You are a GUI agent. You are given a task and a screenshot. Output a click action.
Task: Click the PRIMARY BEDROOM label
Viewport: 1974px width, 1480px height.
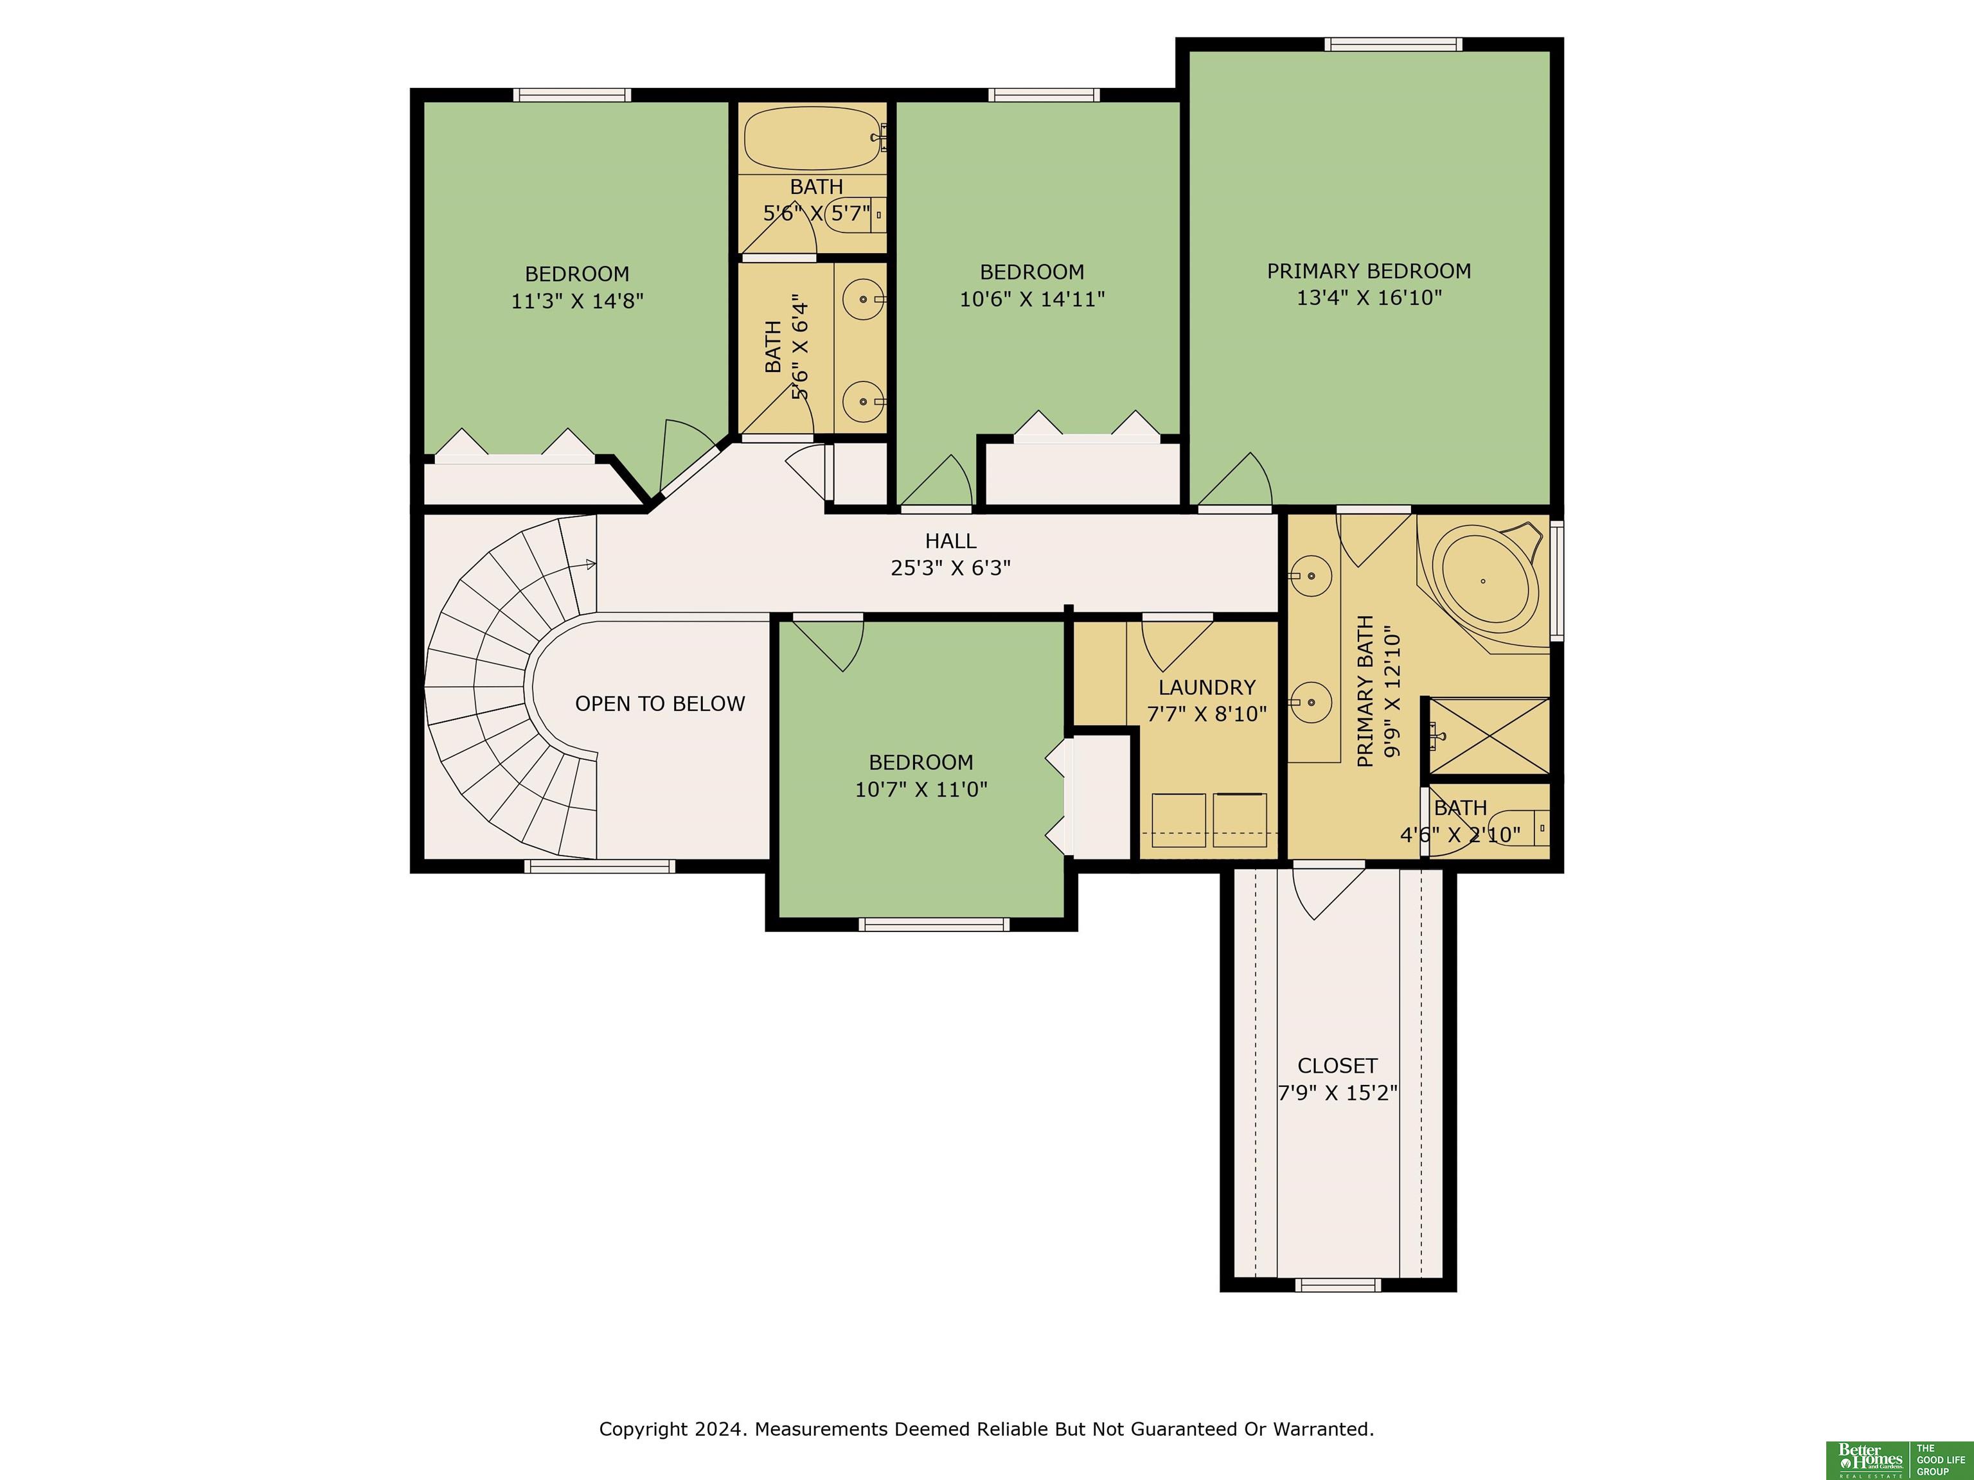(x=1369, y=270)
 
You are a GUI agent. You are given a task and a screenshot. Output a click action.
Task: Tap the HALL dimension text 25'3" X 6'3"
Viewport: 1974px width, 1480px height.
(x=950, y=567)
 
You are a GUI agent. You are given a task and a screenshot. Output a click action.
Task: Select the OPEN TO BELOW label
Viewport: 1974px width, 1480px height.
(x=659, y=704)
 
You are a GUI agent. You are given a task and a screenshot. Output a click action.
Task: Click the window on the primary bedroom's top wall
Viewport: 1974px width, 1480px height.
(x=1393, y=44)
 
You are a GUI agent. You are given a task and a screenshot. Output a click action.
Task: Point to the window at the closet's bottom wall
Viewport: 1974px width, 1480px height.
(x=1338, y=1285)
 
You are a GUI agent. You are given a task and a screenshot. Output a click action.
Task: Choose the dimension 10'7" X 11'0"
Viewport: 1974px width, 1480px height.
(x=921, y=789)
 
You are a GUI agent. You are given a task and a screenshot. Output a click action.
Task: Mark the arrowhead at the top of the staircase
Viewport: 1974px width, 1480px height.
(x=591, y=564)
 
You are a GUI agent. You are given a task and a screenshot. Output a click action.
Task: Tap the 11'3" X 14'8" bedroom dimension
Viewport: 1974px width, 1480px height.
(x=576, y=301)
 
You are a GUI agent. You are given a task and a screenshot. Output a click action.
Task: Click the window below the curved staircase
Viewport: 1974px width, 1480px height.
(x=599, y=865)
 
